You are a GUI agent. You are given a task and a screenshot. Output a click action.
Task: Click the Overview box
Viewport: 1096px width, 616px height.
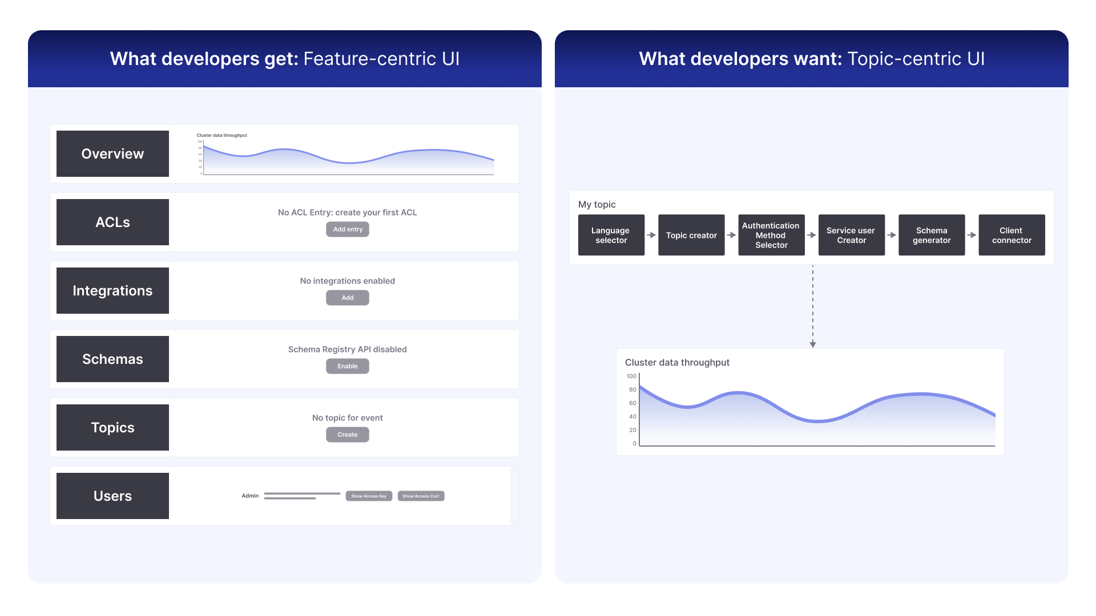[112, 153]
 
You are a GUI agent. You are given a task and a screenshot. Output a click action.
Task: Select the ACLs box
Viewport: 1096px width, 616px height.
[112, 222]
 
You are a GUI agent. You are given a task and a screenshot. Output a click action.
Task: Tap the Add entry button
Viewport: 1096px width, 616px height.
[347, 229]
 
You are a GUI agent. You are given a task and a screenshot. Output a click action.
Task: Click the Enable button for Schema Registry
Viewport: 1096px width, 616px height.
[347, 366]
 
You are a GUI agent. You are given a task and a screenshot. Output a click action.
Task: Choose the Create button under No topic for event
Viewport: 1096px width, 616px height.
[347, 435]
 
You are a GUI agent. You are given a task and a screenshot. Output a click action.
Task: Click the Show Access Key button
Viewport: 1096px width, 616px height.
[369, 496]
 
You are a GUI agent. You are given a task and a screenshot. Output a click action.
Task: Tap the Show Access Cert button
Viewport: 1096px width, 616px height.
[421, 496]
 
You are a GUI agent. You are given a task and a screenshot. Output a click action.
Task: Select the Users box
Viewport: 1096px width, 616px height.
[112, 496]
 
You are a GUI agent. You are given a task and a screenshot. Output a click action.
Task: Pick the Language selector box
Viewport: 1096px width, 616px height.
[611, 235]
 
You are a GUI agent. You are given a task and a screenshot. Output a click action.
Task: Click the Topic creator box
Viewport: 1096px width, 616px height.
[691, 235]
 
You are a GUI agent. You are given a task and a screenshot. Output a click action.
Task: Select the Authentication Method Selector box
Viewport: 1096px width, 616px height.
[771, 235]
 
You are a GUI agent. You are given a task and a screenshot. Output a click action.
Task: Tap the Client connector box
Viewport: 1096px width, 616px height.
[1012, 235]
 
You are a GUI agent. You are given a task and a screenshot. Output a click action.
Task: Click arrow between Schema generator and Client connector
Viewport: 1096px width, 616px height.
[972, 235]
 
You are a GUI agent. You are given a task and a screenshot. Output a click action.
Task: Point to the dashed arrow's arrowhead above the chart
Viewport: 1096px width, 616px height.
[813, 344]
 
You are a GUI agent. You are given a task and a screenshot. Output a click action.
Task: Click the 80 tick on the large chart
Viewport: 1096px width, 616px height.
[632, 390]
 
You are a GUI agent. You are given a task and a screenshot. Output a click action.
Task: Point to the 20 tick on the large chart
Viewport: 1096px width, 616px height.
[632, 430]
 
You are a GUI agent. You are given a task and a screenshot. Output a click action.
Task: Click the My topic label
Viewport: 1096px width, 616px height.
[597, 204]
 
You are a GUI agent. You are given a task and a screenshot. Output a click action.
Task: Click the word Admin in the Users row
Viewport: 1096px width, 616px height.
[250, 496]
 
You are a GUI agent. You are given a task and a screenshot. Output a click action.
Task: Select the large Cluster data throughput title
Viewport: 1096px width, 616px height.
[677, 362]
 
